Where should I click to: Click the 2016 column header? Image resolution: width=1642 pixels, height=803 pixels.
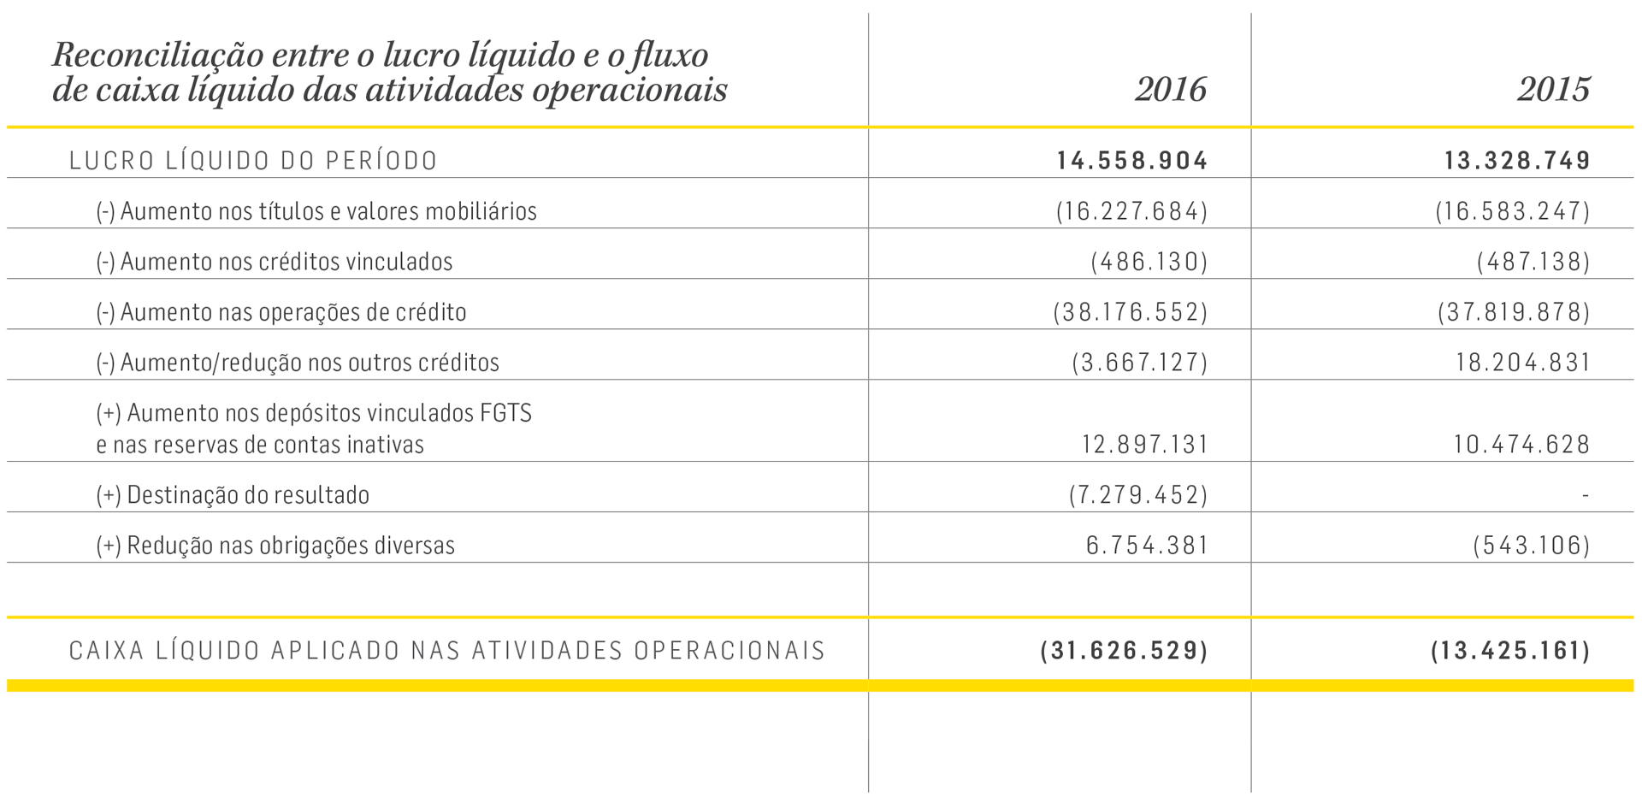(x=1170, y=90)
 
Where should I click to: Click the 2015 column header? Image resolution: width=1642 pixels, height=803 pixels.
(x=1553, y=90)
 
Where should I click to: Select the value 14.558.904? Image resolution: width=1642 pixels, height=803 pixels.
(x=1131, y=161)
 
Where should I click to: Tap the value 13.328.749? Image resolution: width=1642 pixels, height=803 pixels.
(x=1517, y=161)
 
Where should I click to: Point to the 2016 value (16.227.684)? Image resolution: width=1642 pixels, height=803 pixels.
(x=1131, y=211)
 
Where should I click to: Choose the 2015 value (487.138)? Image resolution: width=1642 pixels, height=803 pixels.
(x=1533, y=262)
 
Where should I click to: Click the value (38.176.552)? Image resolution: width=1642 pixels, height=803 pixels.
(x=1131, y=312)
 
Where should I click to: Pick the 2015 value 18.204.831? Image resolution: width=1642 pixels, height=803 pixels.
(x=1522, y=363)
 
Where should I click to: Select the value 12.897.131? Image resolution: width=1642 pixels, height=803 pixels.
(x=1144, y=445)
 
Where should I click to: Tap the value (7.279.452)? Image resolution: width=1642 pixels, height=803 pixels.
(x=1138, y=495)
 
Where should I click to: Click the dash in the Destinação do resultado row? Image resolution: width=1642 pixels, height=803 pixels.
(x=1585, y=495)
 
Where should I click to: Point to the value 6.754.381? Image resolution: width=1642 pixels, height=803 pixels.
(x=1147, y=546)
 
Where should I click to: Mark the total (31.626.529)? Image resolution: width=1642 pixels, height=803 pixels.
(x=1124, y=651)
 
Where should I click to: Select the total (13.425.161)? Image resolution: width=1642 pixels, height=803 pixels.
(x=1510, y=651)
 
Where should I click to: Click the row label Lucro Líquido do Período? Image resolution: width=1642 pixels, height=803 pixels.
(x=253, y=161)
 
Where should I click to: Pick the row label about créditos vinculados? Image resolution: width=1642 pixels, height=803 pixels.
(x=274, y=262)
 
